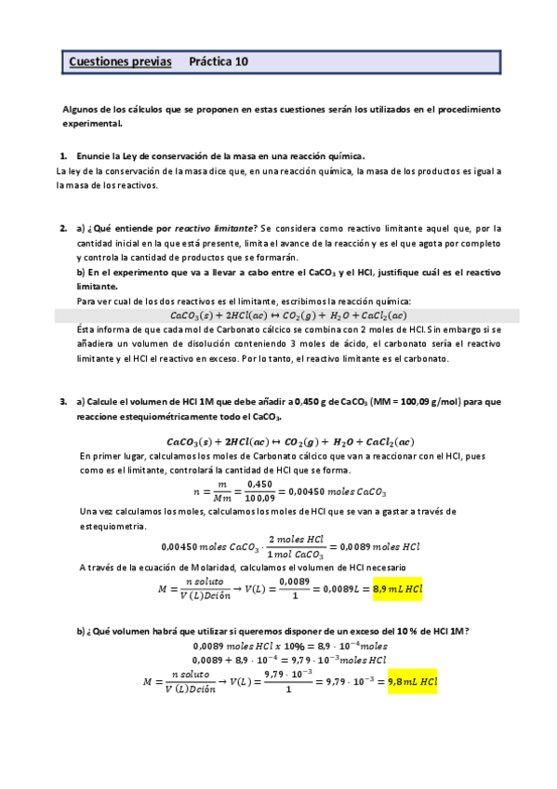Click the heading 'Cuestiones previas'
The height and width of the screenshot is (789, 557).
pyautogui.click(x=120, y=62)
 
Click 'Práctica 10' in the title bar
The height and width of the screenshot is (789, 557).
pyautogui.click(x=219, y=62)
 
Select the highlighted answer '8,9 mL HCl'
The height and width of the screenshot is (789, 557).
pyautogui.click(x=397, y=589)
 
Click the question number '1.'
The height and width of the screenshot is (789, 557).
pyautogui.click(x=63, y=156)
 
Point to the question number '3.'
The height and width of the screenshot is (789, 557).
pyautogui.click(x=63, y=401)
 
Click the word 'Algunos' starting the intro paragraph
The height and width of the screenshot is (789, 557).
pyautogui.click(x=81, y=109)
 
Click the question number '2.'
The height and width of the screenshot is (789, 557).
pyautogui.click(x=63, y=228)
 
